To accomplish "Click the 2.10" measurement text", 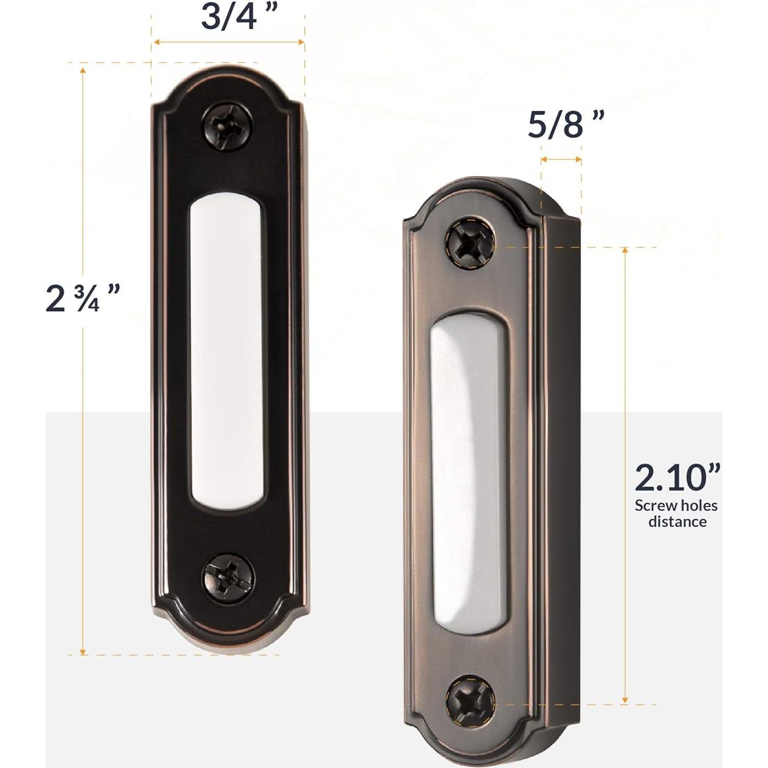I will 677,478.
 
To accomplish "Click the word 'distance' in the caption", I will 677,522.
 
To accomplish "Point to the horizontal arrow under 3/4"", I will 228,42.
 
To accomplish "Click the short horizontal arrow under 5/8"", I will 561,160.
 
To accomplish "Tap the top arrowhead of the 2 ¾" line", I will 83,70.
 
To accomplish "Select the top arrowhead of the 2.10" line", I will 625,252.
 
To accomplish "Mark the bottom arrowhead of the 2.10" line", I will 625,700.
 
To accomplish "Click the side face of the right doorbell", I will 560,469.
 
